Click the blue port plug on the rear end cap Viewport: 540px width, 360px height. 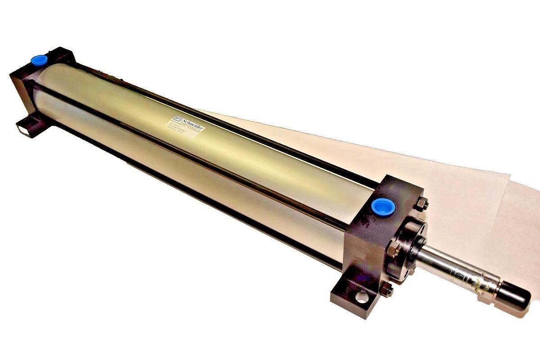tap(39, 60)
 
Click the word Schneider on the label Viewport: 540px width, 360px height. tap(192, 124)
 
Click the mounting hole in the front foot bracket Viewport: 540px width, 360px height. tap(361, 297)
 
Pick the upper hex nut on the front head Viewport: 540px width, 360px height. tap(421, 205)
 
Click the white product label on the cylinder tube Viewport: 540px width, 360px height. tap(185, 128)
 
